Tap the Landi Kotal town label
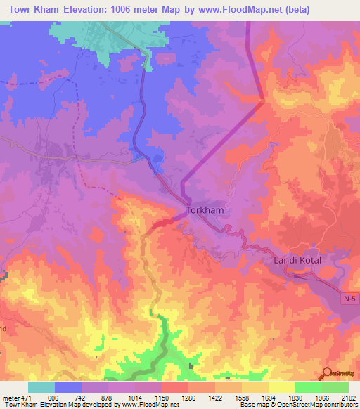(296, 260)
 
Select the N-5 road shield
(349, 299)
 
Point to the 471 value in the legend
(28, 398)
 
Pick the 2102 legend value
(347, 398)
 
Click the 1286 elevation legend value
(188, 398)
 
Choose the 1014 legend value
(134, 398)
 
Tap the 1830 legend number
(294, 398)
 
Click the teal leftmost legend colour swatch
(41, 387)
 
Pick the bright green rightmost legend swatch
(335, 387)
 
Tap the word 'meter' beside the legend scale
(10, 398)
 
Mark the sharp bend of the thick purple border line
(263, 101)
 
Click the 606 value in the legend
(55, 398)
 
